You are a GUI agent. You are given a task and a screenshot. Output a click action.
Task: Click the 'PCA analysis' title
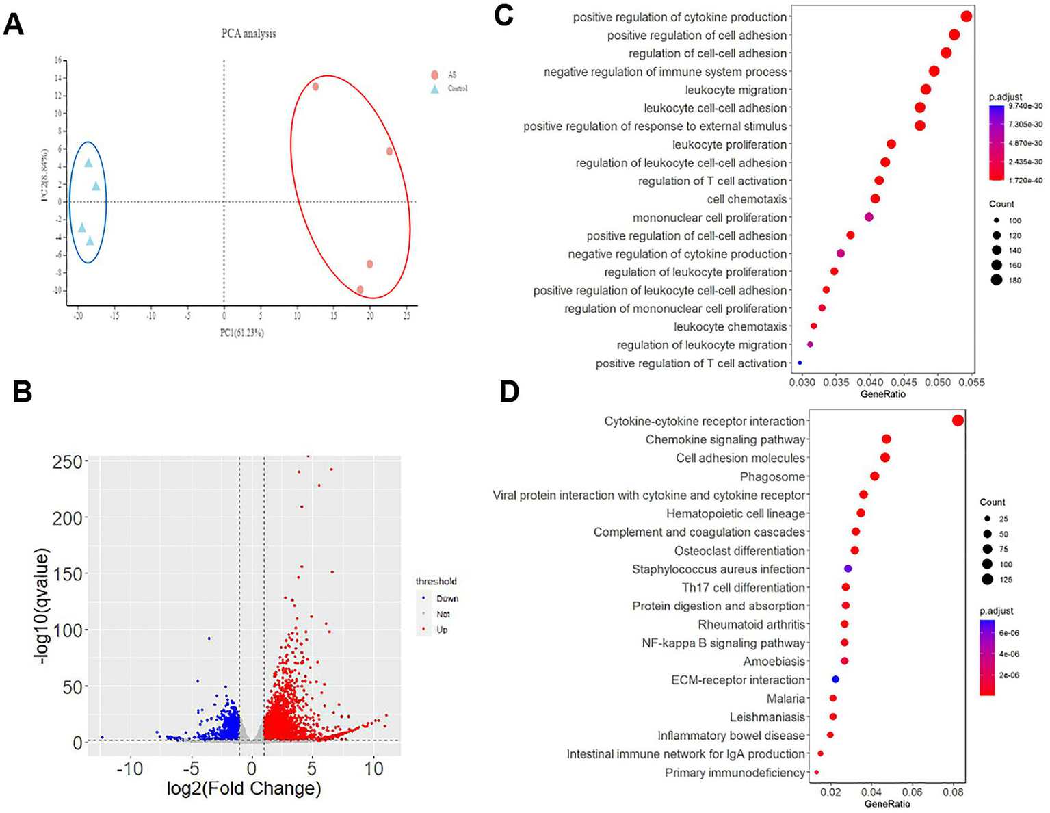tap(248, 34)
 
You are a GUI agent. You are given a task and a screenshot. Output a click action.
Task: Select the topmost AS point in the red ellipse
tap(315, 87)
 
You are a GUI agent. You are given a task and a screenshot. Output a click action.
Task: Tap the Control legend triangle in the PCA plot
tap(434, 89)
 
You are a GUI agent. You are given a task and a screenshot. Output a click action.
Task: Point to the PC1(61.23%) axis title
tap(241, 333)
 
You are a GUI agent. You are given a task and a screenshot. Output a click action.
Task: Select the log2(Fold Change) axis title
tap(244, 788)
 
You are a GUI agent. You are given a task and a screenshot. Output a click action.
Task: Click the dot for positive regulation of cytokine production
tap(966, 16)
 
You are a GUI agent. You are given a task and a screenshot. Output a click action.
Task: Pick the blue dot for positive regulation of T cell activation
tap(800, 363)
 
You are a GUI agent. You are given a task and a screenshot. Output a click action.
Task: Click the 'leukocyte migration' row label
tap(736, 90)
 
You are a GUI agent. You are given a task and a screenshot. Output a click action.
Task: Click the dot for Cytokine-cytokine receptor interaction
tap(958, 421)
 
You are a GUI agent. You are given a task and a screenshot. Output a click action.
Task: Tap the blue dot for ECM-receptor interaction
tap(835, 680)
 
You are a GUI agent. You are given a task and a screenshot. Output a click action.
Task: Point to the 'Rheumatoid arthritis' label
tap(751, 625)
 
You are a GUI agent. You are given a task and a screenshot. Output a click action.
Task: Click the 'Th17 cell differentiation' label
tap(743, 588)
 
